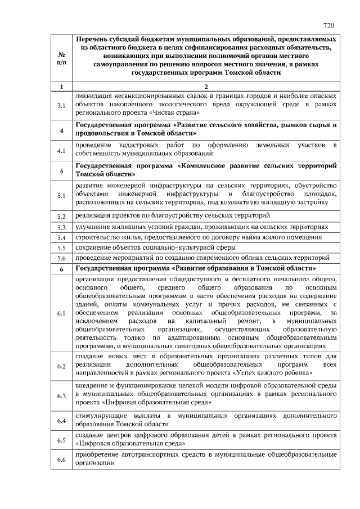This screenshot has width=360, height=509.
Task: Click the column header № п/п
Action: (x=61, y=57)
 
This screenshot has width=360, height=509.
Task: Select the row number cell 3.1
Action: (x=61, y=105)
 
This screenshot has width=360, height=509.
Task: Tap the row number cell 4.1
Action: (x=61, y=150)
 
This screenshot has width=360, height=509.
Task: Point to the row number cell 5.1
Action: (x=61, y=195)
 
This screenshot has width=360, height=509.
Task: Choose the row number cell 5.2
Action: (x=61, y=216)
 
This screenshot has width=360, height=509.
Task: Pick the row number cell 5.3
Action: (x=61, y=227)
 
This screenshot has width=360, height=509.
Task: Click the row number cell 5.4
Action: (x=61, y=237)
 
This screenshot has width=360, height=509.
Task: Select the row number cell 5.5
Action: (x=61, y=247)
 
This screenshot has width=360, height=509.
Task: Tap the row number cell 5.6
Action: (x=61, y=258)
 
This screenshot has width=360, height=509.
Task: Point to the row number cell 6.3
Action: (x=61, y=395)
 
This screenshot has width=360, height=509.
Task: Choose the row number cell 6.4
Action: (x=61, y=420)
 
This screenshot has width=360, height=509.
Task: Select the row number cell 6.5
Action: (x=61, y=440)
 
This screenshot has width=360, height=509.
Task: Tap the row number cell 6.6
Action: (x=61, y=461)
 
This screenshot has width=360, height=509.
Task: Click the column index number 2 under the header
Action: (x=206, y=86)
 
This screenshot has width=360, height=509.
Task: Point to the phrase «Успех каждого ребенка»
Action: (x=273, y=373)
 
